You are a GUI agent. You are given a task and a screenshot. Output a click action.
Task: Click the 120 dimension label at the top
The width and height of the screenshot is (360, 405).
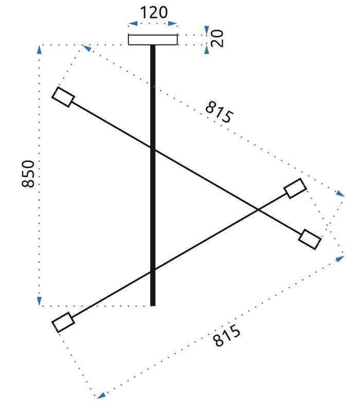click(x=153, y=12)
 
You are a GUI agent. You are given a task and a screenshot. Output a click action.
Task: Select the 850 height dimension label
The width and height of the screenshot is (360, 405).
click(x=29, y=174)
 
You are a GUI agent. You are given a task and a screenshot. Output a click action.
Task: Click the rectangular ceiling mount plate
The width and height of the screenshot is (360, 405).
click(x=153, y=40)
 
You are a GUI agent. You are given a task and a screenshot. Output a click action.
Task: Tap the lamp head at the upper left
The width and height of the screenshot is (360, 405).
click(x=64, y=97)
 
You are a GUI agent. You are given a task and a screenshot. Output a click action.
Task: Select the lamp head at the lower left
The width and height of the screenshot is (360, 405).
click(x=63, y=322)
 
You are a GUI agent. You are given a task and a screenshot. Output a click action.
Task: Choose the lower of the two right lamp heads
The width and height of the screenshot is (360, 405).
click(x=310, y=239)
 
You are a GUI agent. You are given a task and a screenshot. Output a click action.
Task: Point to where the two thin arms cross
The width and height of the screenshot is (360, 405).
click(x=258, y=209)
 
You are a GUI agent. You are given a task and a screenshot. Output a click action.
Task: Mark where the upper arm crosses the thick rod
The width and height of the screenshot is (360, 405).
click(x=153, y=149)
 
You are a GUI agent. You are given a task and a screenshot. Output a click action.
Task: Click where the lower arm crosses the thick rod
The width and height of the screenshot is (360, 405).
click(x=153, y=270)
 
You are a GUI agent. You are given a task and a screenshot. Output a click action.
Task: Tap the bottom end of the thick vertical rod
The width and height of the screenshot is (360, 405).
click(x=153, y=304)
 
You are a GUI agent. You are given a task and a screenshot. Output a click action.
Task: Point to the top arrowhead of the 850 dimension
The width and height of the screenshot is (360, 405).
click(x=39, y=49)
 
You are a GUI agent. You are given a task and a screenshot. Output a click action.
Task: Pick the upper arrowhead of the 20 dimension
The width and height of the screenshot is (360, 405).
click(x=207, y=30)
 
